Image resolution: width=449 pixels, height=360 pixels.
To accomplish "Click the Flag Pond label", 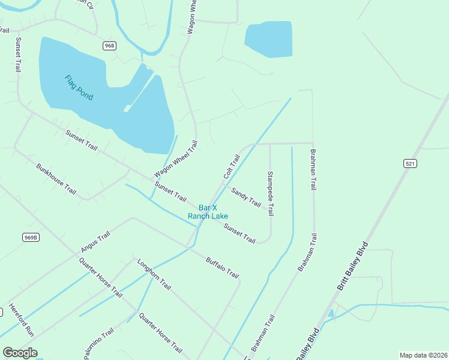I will (x=79, y=88).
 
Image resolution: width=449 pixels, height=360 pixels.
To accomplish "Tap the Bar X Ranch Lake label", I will (x=208, y=212).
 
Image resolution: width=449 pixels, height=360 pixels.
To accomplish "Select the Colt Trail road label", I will (x=232, y=167).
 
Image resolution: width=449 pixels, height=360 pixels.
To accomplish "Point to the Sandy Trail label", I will (x=247, y=197).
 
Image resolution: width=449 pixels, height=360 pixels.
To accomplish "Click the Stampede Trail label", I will (x=271, y=193).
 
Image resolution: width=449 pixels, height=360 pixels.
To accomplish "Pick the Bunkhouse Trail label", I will (x=56, y=179).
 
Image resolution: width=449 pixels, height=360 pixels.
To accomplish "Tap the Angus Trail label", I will (x=95, y=242).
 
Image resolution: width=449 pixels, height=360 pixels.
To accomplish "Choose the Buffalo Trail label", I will (x=222, y=267).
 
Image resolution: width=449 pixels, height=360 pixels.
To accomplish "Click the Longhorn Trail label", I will (x=154, y=274).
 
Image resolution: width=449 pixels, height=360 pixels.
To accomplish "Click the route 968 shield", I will (x=109, y=46).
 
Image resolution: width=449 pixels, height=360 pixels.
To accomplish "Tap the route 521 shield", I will (x=410, y=163).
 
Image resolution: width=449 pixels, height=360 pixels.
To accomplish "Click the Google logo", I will (x=20, y=353).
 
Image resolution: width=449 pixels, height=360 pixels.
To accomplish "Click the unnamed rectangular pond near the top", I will (x=268, y=40).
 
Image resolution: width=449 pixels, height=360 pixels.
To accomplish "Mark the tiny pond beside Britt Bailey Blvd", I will (x=331, y=313).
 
